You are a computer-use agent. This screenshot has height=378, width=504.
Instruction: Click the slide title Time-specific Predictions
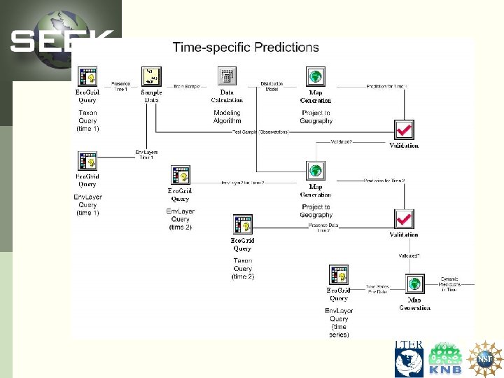[246, 48]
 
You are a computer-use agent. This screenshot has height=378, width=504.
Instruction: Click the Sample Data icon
[152, 77]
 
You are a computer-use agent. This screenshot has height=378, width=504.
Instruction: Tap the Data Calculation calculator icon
[226, 77]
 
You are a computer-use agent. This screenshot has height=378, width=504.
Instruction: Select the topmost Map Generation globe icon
[316, 77]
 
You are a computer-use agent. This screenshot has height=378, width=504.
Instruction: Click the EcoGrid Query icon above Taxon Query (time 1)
[87, 77]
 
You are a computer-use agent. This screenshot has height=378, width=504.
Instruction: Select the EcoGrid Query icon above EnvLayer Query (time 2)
[181, 176]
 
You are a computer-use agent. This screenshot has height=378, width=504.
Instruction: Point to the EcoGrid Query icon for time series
[339, 275]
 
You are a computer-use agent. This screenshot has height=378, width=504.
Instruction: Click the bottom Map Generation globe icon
[414, 284]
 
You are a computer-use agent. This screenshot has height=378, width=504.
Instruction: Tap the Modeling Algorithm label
[227, 116]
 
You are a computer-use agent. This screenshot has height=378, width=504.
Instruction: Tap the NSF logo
[485, 358]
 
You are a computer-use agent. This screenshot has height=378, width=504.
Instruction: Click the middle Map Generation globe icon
[316, 169]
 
